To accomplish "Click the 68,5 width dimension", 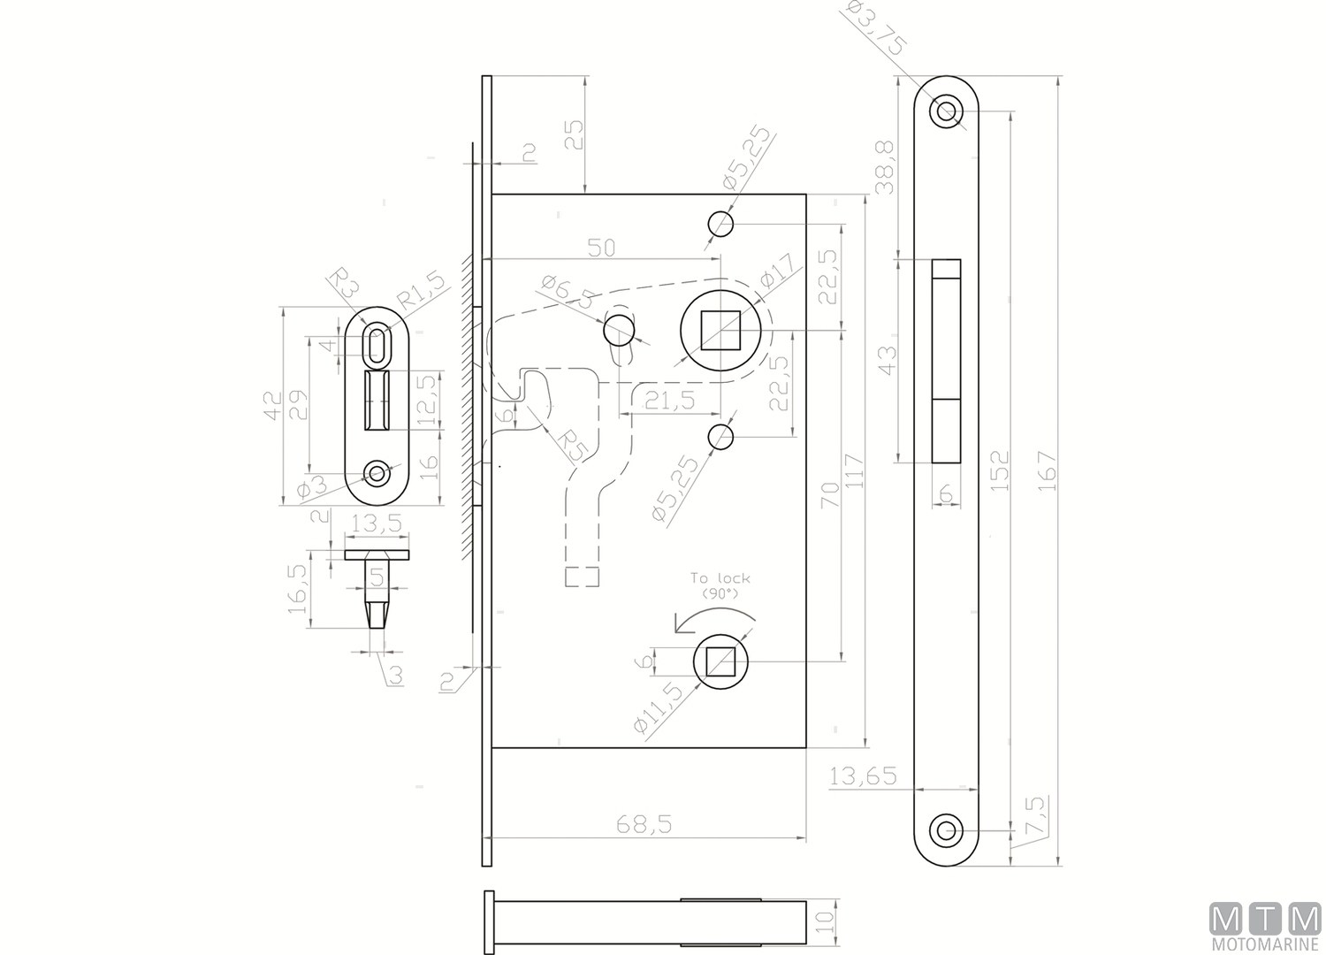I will [644, 824].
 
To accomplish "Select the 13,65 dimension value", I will [864, 776].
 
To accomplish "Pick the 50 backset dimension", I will [601, 248].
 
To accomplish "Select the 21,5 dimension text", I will [669, 401].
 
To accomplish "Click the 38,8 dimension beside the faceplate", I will [884, 167].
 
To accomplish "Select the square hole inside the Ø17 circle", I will [720, 331].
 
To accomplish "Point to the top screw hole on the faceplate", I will [946, 111].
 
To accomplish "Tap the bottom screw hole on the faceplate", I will [946, 830].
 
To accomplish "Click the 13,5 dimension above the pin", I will [377, 523].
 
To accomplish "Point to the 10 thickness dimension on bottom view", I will [824, 922].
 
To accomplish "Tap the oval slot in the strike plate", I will [377, 344].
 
